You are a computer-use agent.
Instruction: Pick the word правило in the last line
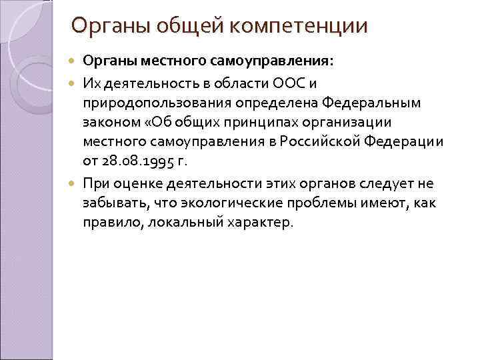107,221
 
